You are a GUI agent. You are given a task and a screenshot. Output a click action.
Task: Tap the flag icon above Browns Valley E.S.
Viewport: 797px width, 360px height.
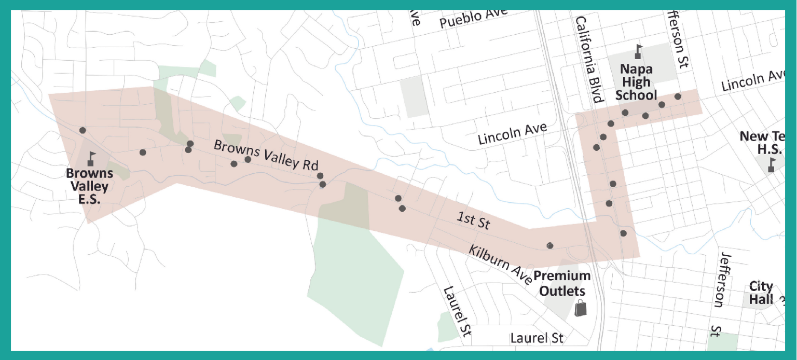point(92,158)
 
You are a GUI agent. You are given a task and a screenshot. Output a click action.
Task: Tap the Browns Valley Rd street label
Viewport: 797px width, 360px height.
point(266,156)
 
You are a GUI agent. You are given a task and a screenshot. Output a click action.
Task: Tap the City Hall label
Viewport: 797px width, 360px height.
point(761,293)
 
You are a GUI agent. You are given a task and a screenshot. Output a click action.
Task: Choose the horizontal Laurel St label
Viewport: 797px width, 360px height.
point(537,338)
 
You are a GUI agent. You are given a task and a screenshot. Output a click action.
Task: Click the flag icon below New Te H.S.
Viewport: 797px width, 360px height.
point(772,164)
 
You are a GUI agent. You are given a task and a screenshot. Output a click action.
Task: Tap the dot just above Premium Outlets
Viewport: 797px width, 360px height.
point(550,245)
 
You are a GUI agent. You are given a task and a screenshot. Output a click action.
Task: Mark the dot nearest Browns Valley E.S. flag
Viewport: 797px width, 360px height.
point(83,130)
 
